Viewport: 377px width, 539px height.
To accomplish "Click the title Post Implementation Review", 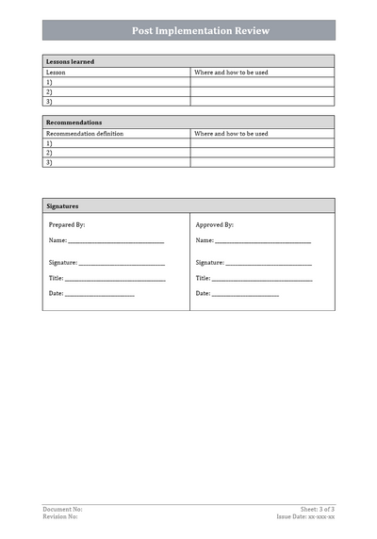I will (188, 30).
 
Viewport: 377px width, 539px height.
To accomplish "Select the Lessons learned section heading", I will (70, 61).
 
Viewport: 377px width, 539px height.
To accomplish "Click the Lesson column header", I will (56, 72).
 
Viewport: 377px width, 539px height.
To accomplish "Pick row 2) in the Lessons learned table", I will (49, 91).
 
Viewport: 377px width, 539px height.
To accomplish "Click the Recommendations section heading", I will (74, 122).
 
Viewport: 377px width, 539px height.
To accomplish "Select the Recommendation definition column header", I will (85, 134).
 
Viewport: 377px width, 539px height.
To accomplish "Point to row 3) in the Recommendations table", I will (49, 162).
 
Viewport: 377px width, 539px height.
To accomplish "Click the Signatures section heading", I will (62, 205).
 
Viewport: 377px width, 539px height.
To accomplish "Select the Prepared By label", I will (67, 225).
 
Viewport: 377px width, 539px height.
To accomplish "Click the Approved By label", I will (215, 225).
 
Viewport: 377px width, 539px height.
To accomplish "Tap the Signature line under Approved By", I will (268, 264).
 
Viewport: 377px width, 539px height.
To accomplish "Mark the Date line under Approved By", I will (245, 295).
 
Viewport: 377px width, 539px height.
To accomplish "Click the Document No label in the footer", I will (62, 509).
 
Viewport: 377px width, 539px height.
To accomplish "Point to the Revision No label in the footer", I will (60, 516).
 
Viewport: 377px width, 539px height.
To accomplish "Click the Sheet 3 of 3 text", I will (318, 509).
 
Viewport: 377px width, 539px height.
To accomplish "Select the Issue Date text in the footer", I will (305, 516).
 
